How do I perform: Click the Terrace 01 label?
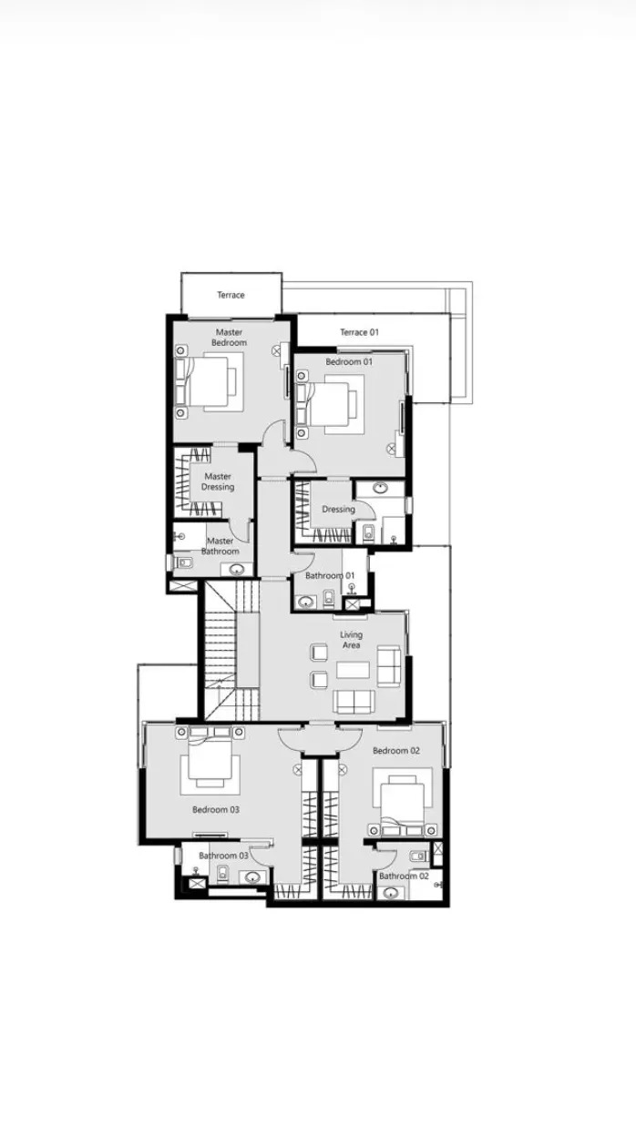(359, 332)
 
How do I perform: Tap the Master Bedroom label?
(229, 338)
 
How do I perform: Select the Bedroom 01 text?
(349, 362)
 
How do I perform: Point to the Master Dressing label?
(218, 481)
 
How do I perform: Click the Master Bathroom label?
(220, 546)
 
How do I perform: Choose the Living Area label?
(351, 640)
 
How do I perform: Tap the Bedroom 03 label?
(215, 810)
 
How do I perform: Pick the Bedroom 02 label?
(396, 751)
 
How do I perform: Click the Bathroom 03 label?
(223, 856)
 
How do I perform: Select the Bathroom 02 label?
(404, 876)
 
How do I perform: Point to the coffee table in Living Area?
(353, 670)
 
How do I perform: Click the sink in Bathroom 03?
(252, 877)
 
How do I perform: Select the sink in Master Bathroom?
(236, 569)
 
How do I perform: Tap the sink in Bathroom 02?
(392, 894)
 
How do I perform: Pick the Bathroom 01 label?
(330, 575)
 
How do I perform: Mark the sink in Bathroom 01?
(306, 602)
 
